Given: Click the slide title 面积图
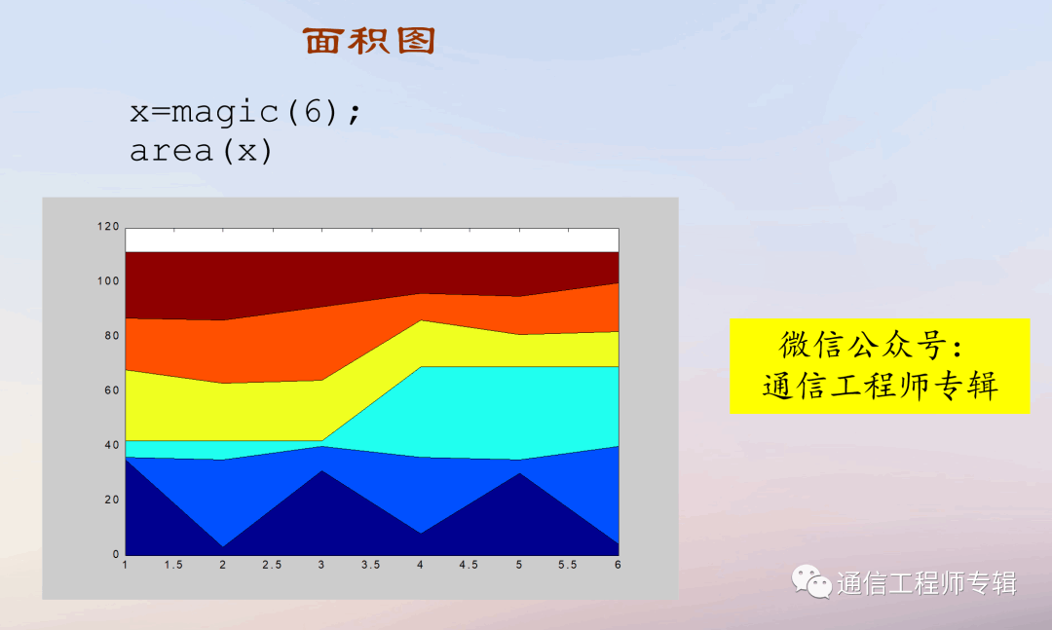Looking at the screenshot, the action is tap(369, 41).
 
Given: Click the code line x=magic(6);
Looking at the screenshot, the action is tap(245, 111).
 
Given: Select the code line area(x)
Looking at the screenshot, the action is tap(202, 151).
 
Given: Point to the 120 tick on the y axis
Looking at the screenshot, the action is tap(108, 227).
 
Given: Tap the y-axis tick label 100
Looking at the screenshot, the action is tap(108, 281).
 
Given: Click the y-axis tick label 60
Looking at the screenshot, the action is tap(111, 390).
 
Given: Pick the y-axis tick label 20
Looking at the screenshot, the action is tap(111, 500).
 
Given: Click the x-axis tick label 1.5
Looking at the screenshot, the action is tap(173, 565).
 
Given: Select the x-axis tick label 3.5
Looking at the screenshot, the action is tap(371, 565).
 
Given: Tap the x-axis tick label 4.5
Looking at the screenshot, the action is tap(469, 565).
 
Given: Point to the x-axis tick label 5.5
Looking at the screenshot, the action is tap(568, 565).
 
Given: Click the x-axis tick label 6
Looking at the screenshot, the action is tap(618, 565).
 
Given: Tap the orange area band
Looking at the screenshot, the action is tap(269, 349).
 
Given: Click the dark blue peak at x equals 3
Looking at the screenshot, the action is tap(322, 471).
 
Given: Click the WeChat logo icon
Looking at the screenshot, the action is tap(811, 581).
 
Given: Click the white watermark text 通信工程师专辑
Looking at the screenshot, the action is tap(926, 583).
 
